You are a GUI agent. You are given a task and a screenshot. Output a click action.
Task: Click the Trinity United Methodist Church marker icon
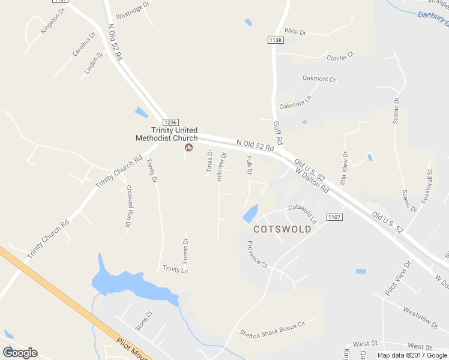[188, 147]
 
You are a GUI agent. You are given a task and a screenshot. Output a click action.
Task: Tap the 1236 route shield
[170, 122]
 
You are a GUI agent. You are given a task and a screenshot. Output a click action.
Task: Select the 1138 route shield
[276, 40]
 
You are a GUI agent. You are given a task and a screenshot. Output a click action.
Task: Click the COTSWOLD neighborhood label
[283, 229]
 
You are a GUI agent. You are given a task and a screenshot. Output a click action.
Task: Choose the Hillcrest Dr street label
[221, 166]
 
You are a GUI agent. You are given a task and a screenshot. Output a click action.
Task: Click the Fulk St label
[249, 165]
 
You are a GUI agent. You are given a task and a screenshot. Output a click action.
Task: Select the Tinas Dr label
[210, 160]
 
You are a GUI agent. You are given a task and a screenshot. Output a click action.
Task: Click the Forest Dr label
[185, 251]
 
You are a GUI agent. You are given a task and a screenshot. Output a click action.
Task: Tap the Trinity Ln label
[175, 269]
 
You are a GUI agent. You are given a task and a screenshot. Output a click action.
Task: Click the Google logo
[20, 353]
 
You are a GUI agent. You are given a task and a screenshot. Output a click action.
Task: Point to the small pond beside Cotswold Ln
[251, 213]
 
